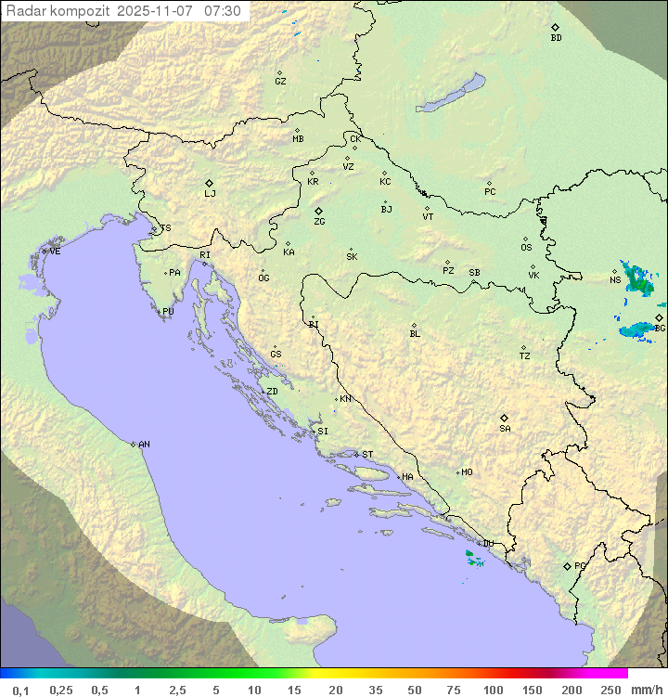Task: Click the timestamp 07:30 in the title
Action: coord(223,11)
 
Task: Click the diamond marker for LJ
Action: coord(210,183)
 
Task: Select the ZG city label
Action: coord(319,222)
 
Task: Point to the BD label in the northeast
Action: coord(556,38)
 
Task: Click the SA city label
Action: coord(505,429)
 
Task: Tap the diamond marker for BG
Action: coord(659,317)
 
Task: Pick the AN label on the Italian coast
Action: coord(144,445)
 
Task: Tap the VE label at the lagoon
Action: coord(55,252)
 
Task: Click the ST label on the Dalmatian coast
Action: coord(367,455)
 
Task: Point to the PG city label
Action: coord(580,566)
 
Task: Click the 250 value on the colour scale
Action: coord(610,690)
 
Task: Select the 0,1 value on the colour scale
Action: coord(20,690)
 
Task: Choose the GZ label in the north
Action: coord(280,82)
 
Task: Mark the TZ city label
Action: coord(525,356)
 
